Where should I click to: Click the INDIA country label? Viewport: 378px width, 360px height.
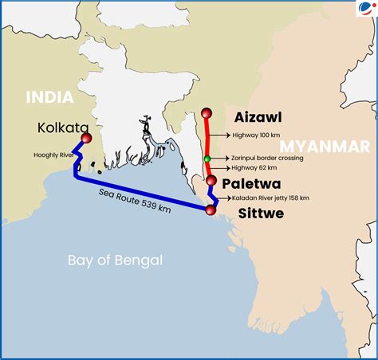pyautogui.click(x=49, y=97)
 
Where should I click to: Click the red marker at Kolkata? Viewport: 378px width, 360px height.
pyautogui.click(x=87, y=139)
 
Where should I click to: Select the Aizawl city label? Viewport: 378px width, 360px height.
pyautogui.click(x=258, y=117)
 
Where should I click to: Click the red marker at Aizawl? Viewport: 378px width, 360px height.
pyautogui.click(x=208, y=112)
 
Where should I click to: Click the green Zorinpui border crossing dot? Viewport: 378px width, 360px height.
pyautogui.click(x=207, y=159)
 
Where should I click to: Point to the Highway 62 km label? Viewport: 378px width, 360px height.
pyautogui.click(x=254, y=169)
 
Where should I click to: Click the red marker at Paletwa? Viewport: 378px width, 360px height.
pyautogui.click(x=211, y=182)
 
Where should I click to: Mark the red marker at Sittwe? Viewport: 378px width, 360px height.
pyautogui.click(x=211, y=210)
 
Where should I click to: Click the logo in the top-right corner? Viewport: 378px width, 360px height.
pyautogui.click(x=366, y=10)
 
